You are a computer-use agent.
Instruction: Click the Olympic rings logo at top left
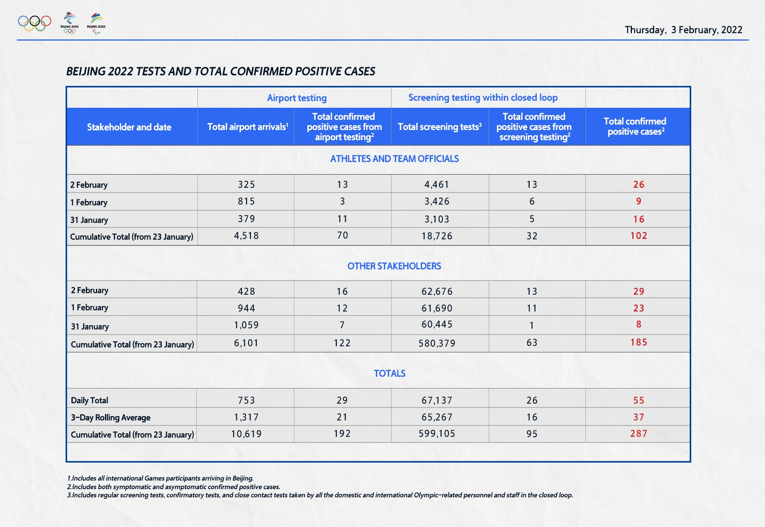pos(35,23)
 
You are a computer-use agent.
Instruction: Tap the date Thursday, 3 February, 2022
pos(683,30)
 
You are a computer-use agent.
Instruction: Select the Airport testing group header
pos(297,98)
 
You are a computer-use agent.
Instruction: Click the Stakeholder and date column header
pos(129,127)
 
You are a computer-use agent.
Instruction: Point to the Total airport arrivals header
pos(247,127)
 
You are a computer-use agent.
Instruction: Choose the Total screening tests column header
pos(439,127)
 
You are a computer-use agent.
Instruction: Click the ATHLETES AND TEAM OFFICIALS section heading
pos(394,159)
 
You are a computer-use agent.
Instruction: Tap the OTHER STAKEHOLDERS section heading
pos(394,266)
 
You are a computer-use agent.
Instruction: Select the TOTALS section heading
pos(390,374)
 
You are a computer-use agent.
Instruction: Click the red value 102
pos(639,236)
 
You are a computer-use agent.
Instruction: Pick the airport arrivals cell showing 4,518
pos(246,236)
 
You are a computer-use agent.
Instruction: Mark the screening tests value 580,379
pos(437,344)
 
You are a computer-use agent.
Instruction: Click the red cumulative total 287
pos(639,434)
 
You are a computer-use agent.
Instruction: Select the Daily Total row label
pos(89,401)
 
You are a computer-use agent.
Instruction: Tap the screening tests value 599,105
pos(437,434)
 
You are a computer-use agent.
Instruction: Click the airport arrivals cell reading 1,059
pos(246,325)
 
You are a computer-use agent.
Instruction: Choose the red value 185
pos(639,342)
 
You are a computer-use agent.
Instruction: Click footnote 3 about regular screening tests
pos(320,495)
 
